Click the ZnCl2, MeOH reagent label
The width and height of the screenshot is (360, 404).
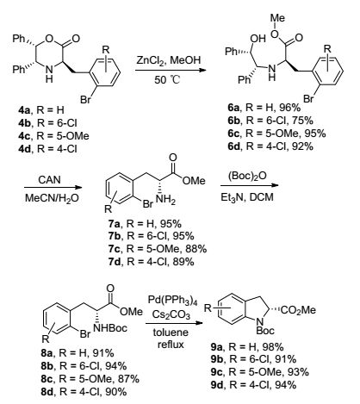pos(168,60)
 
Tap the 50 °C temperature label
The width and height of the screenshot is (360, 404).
pos(167,79)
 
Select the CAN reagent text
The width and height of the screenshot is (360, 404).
pos(49,179)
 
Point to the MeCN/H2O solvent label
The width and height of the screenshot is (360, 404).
pos(52,198)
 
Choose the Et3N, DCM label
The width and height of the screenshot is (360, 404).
pos(247,197)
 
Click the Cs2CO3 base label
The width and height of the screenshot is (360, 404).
pos(171,314)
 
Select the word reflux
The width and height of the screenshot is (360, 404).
pos(171,344)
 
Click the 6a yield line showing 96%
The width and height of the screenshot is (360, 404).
pos(264,108)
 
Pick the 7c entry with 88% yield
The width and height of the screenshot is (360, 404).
pos(158,249)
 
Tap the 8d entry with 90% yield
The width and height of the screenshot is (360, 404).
pos(84,391)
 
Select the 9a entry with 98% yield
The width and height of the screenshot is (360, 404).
pos(247,347)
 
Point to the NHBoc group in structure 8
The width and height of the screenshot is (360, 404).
pos(110,328)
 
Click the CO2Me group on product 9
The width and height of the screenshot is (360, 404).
pos(299,310)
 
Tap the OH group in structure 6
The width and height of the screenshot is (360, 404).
pos(258,38)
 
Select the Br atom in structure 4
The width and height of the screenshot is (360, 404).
pos(86,100)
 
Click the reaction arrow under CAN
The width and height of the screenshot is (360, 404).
pos(53,188)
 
